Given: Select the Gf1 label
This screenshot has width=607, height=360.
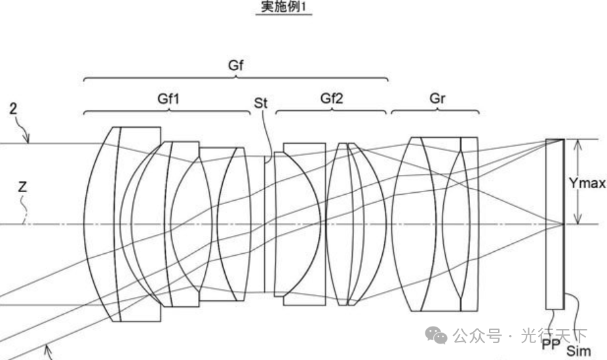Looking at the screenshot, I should click(168, 99).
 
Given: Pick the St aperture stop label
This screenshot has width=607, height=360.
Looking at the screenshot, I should click(261, 104).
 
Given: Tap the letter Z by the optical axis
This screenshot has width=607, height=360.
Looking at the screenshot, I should click(23, 187).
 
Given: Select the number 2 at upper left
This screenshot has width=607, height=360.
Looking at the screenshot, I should click(14, 109).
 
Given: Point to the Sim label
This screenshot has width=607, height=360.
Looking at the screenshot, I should click(578, 351).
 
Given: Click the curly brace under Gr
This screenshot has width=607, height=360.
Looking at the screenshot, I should click(435, 111).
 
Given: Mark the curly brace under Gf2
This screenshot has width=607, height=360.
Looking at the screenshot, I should click(332, 111).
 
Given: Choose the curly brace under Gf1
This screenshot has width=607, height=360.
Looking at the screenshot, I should click(168, 111).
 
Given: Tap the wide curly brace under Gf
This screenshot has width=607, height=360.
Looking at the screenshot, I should click(236, 79).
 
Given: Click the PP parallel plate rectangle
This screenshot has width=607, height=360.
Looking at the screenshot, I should click(555, 223).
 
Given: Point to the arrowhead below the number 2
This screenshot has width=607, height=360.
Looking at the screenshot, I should click(27, 139).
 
